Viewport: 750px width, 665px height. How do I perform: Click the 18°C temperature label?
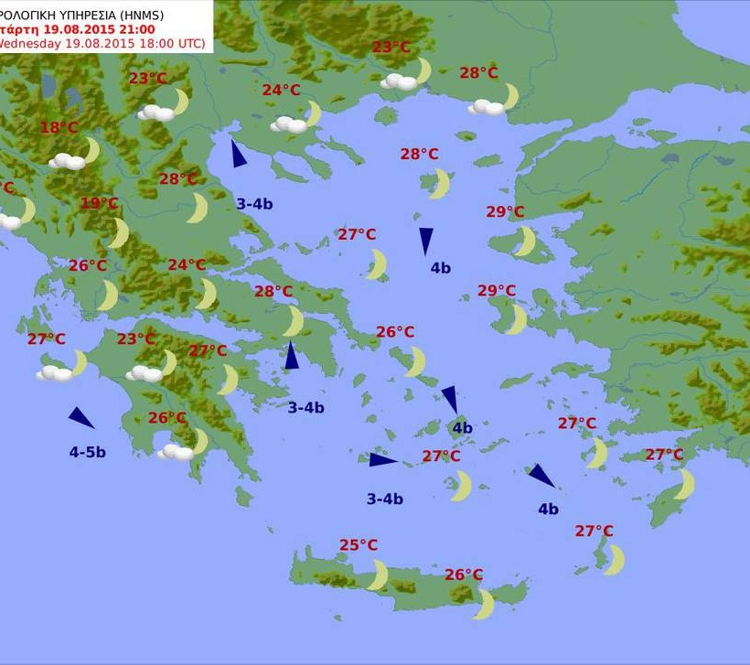point(59,128)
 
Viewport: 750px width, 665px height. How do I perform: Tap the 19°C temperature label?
point(99,203)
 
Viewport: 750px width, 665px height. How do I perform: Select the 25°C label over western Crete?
point(359,545)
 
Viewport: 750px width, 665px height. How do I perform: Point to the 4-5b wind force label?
point(87,452)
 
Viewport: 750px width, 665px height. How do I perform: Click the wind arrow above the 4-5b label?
point(80,418)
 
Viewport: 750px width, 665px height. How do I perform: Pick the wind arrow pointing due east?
point(382,459)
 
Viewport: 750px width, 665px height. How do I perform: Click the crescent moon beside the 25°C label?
point(378,574)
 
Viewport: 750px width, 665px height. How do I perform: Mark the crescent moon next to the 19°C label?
point(118,232)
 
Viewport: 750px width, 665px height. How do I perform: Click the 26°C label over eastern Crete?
point(464,574)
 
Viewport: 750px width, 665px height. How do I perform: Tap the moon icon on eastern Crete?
point(484,604)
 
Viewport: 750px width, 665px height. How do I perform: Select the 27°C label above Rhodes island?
point(664,455)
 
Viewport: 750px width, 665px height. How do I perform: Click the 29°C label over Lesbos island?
point(505,212)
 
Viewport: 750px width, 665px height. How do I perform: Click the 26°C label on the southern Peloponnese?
point(167,418)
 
